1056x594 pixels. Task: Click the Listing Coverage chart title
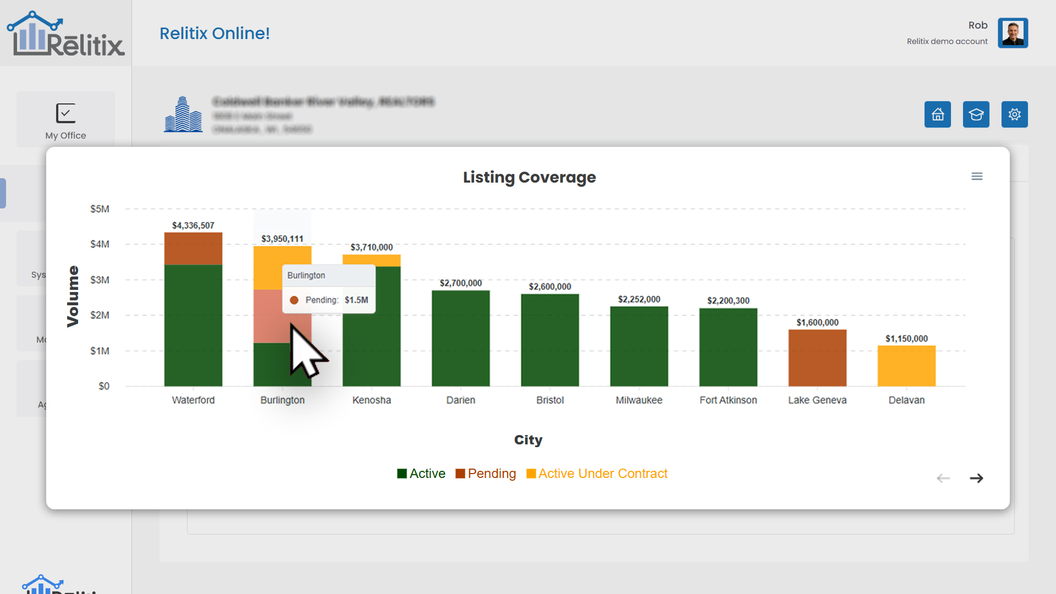point(529,177)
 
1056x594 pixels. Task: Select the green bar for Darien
point(460,338)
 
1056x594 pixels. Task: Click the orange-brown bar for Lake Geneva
point(817,358)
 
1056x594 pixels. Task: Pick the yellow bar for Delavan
point(906,366)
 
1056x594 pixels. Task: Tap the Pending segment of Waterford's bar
point(193,249)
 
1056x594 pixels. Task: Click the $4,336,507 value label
point(193,226)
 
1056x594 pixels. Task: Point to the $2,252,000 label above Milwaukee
point(639,299)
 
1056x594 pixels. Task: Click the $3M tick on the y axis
point(100,280)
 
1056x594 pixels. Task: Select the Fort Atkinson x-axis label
point(728,400)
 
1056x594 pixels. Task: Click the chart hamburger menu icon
point(977,177)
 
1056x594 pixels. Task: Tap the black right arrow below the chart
point(976,479)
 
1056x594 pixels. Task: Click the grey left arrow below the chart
point(943,479)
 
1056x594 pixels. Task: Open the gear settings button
point(1014,114)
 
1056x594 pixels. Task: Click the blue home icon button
point(937,114)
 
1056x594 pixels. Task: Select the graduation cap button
point(976,114)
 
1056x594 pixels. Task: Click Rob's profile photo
point(1013,33)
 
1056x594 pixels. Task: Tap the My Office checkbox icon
point(65,113)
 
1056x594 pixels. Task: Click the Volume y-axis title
point(73,296)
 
